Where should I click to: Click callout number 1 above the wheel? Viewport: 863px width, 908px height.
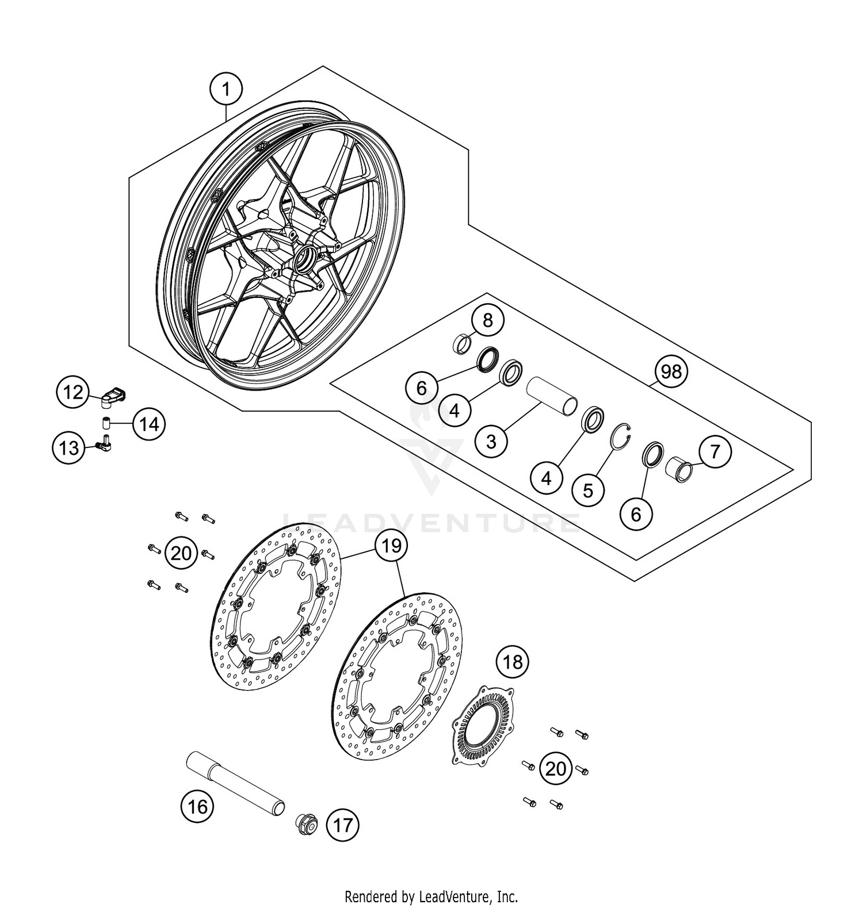tap(226, 89)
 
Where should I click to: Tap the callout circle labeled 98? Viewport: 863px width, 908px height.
tap(671, 372)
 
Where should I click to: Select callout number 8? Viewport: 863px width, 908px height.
tap(488, 320)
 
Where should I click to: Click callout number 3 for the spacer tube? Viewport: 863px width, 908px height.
tap(491, 441)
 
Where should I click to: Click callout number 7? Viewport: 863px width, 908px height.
tap(714, 451)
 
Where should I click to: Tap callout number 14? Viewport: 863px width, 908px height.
tap(149, 424)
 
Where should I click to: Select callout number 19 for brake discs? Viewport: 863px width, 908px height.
tap(391, 545)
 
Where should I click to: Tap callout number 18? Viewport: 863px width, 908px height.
tap(513, 662)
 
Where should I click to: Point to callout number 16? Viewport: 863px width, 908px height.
tap(197, 807)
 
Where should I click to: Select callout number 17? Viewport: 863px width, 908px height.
tap(342, 826)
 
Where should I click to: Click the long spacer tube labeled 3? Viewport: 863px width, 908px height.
tap(551, 395)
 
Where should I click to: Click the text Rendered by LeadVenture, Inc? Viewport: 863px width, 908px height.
tap(431, 896)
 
